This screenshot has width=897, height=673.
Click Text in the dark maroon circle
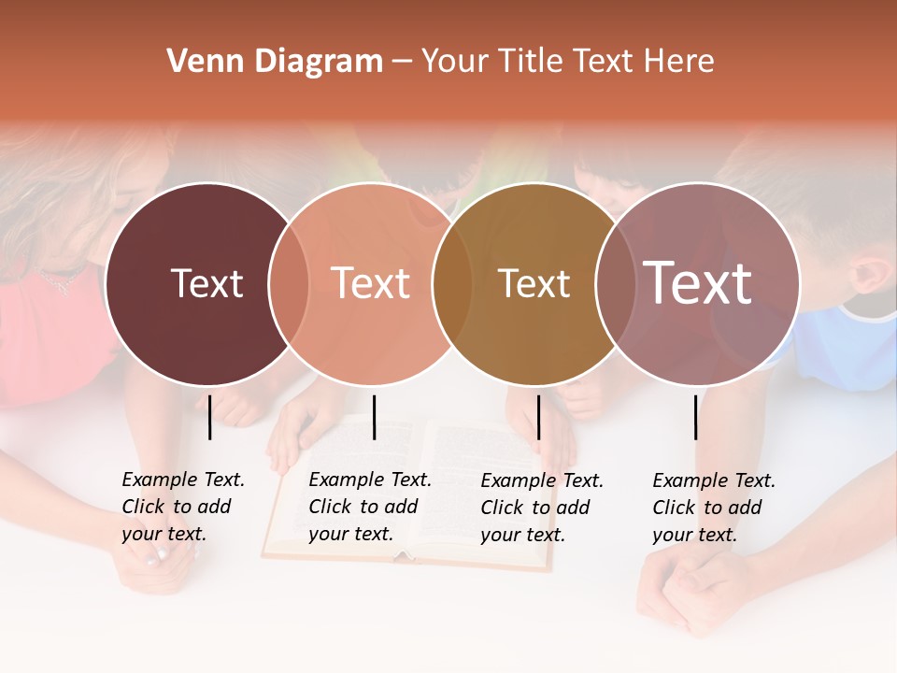click(x=206, y=283)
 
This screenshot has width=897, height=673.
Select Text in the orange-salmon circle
click(x=370, y=283)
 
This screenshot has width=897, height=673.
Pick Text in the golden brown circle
click(x=534, y=283)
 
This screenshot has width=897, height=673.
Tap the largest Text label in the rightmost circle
click(x=697, y=283)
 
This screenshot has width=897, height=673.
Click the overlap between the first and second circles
click(x=289, y=283)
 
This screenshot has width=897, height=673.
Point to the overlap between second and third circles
click(x=452, y=283)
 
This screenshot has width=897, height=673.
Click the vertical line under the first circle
click(x=210, y=417)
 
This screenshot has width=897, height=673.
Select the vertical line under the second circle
click(x=374, y=417)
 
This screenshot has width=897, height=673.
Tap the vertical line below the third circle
click(x=538, y=417)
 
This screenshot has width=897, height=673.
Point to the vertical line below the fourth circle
click(x=695, y=417)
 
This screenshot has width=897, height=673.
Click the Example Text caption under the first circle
click(x=182, y=507)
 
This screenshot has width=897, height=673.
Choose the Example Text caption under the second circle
click(x=369, y=507)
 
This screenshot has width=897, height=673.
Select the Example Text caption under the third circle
click(x=541, y=508)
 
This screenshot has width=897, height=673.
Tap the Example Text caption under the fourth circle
click(x=713, y=508)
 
